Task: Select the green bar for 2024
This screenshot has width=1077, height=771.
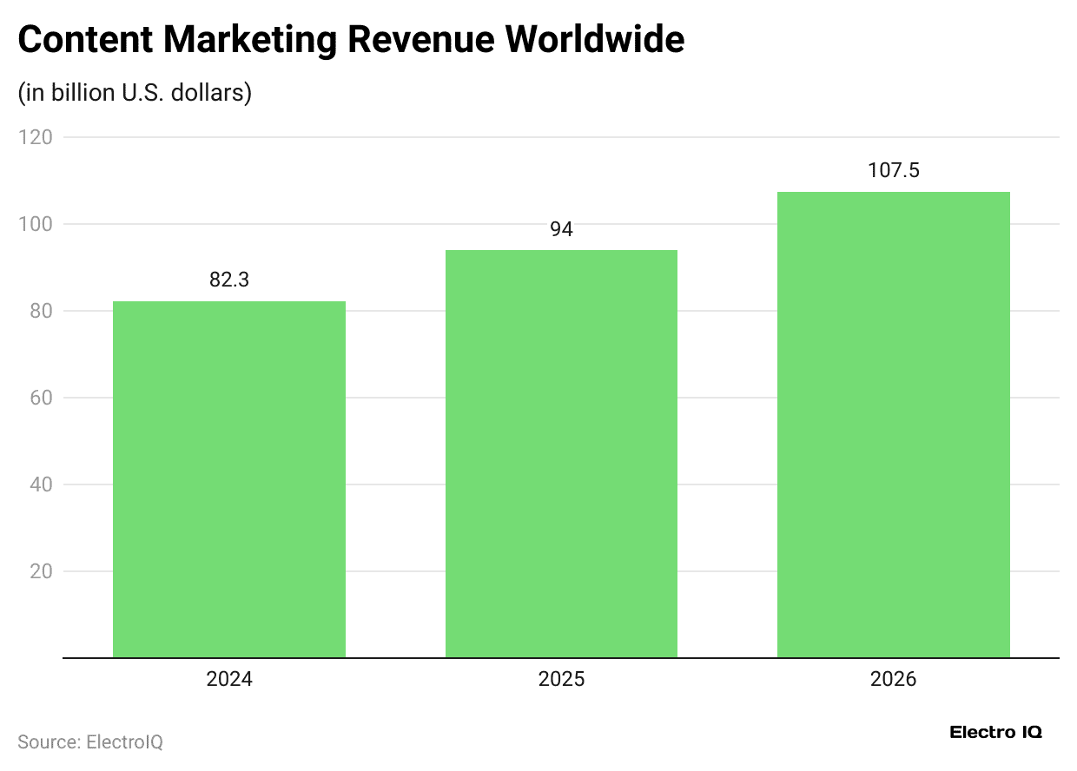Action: click(x=229, y=479)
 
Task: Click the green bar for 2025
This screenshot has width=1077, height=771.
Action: click(x=561, y=453)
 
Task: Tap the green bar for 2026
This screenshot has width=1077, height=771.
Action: click(x=893, y=425)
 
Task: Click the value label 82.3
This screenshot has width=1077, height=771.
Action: click(x=229, y=280)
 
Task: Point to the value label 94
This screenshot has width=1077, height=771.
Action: click(x=561, y=229)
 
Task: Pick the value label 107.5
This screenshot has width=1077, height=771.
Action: click(x=893, y=171)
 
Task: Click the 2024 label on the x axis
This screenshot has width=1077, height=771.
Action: click(x=229, y=679)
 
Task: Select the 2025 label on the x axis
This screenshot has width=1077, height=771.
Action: click(x=561, y=679)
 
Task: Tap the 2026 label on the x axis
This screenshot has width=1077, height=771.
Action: click(x=893, y=679)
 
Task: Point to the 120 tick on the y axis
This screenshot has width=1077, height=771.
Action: click(x=36, y=137)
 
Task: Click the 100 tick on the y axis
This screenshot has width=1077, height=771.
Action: click(x=36, y=224)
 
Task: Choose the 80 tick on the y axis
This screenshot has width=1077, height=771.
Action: click(x=40, y=311)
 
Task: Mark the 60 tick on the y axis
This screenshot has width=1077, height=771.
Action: click(x=40, y=398)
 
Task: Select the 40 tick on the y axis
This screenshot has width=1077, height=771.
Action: click(x=40, y=484)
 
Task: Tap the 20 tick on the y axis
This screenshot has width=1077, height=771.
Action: click(x=40, y=571)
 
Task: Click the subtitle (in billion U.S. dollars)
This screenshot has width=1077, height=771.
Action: click(x=135, y=92)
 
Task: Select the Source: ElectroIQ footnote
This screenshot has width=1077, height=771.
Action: click(x=90, y=742)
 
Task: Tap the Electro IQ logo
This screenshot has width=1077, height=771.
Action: click(x=995, y=732)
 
